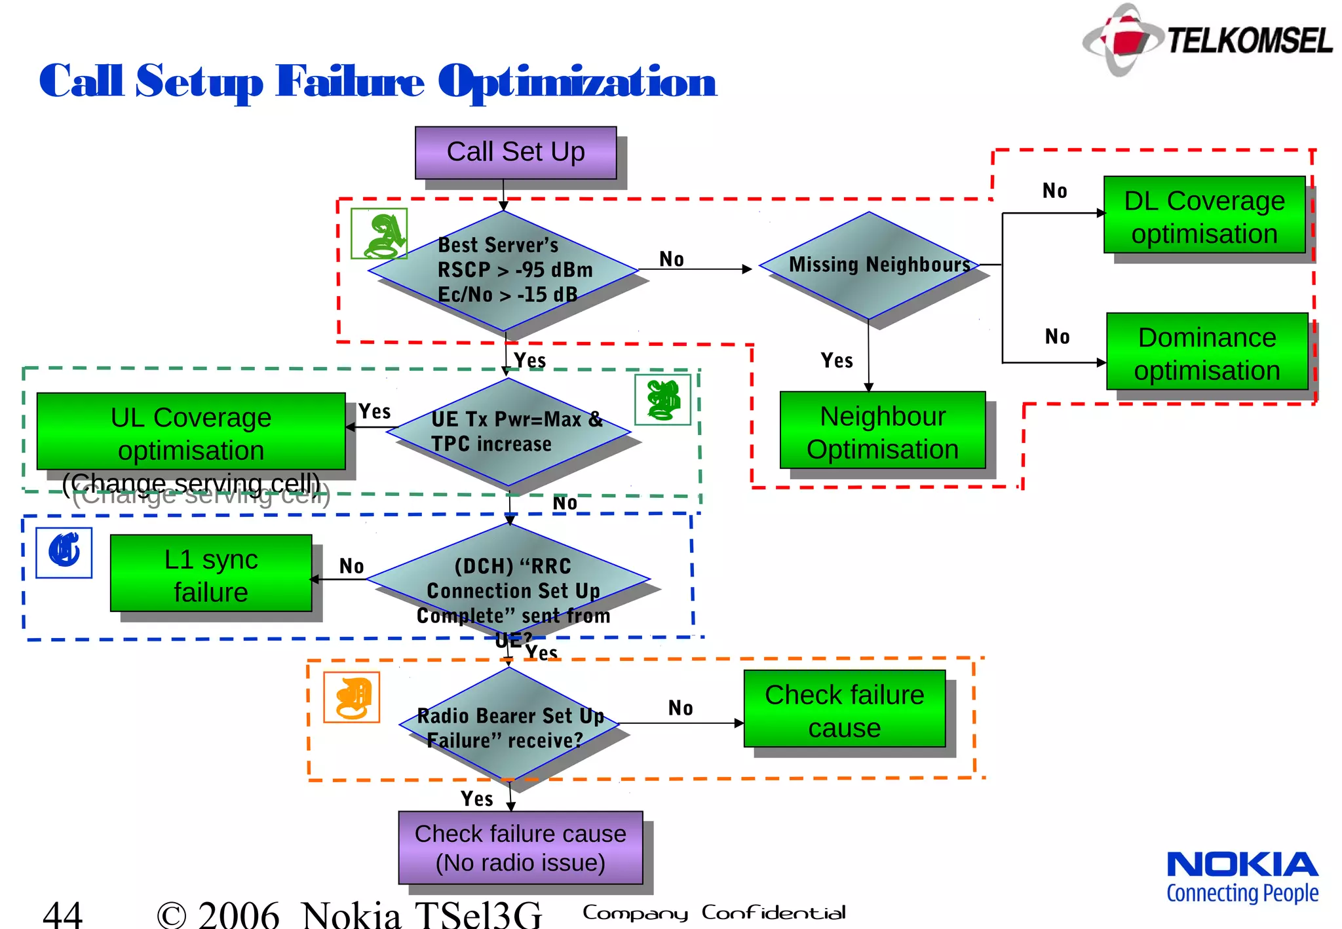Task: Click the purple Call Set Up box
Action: [516, 153]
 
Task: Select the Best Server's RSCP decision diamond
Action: [503, 270]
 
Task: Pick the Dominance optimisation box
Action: [1207, 352]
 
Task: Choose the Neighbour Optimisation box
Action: [883, 430]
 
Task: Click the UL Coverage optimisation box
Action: [191, 432]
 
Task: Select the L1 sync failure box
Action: [211, 574]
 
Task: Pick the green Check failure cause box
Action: [845, 709]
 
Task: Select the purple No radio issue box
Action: [520, 848]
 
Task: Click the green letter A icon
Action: [379, 234]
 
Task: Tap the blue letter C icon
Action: [64, 553]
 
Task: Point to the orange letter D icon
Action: [352, 698]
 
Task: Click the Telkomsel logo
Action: [1208, 39]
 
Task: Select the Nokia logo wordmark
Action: [1242, 865]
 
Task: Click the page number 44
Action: [63, 913]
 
